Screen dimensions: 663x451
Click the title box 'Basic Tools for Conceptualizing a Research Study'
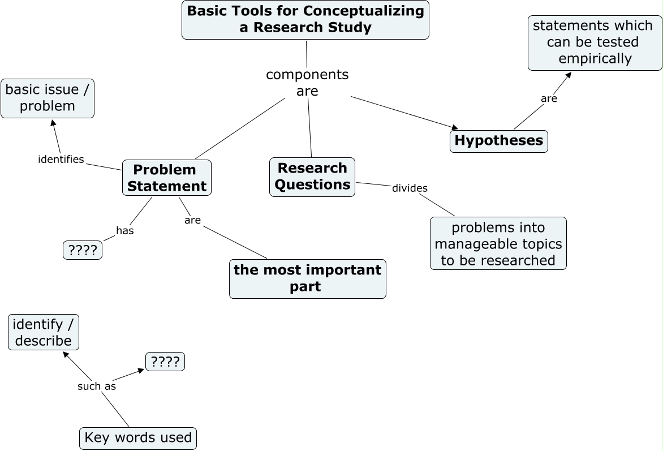click(305, 20)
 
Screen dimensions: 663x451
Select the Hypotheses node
click(498, 141)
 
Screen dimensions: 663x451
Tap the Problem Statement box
click(166, 178)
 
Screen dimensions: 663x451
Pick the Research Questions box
click(312, 177)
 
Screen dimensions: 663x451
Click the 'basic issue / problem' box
click(48, 98)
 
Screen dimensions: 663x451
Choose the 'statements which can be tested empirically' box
click(595, 43)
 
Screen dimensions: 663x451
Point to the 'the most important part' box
click(307, 279)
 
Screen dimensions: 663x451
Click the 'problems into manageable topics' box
click(498, 243)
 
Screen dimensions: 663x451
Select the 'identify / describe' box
click(43, 332)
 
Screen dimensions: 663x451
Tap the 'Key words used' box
click(138, 439)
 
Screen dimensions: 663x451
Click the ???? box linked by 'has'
click(83, 250)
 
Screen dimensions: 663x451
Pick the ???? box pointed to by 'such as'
click(165, 362)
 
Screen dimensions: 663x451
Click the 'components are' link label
click(307, 83)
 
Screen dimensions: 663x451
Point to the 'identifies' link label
click(61, 159)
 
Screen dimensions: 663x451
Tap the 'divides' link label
click(410, 188)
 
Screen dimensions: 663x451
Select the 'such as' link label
click(96, 386)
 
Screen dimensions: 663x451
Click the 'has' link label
click(124, 230)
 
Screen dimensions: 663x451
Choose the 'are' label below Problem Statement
click(192, 220)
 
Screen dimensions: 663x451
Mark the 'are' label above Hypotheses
click(549, 98)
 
